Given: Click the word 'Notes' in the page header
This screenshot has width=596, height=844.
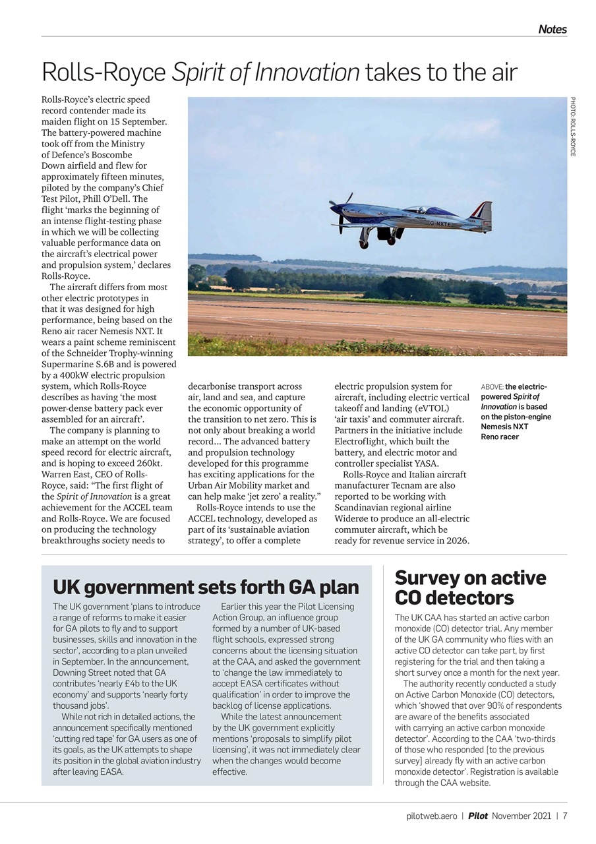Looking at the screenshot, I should (552, 29).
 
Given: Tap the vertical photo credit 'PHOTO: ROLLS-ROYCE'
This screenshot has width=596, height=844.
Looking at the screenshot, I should (573, 127).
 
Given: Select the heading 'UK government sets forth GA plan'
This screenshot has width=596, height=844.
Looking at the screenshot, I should (206, 587).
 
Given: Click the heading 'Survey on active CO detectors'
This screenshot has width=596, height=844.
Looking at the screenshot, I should (470, 588).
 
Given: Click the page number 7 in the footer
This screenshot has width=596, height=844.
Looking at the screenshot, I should (564, 816).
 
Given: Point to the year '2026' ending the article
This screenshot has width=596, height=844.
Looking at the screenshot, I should (456, 541).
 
